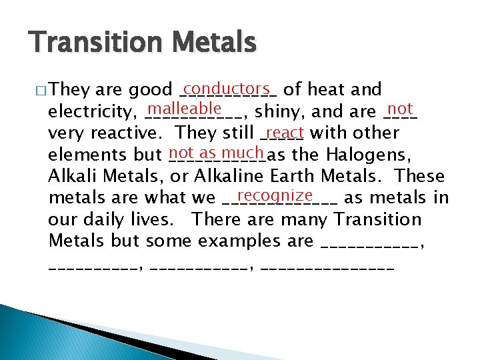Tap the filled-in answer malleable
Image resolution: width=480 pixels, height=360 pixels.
coord(185,109)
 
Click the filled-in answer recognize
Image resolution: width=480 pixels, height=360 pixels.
coord(274,195)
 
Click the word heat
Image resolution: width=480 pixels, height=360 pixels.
coord(327,89)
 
